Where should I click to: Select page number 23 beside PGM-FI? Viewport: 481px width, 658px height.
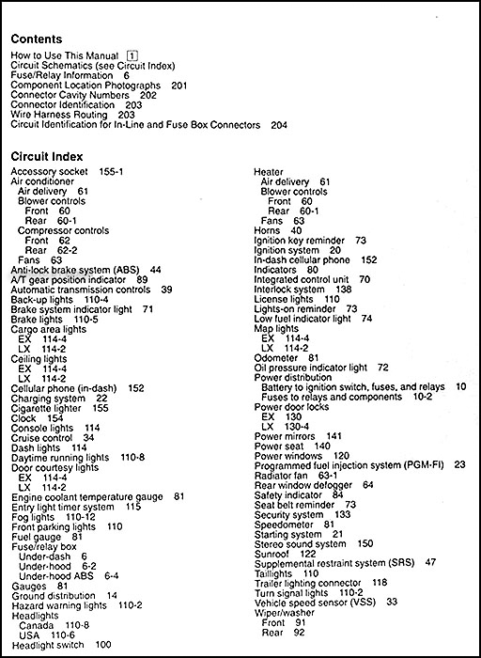[x=459, y=464]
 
